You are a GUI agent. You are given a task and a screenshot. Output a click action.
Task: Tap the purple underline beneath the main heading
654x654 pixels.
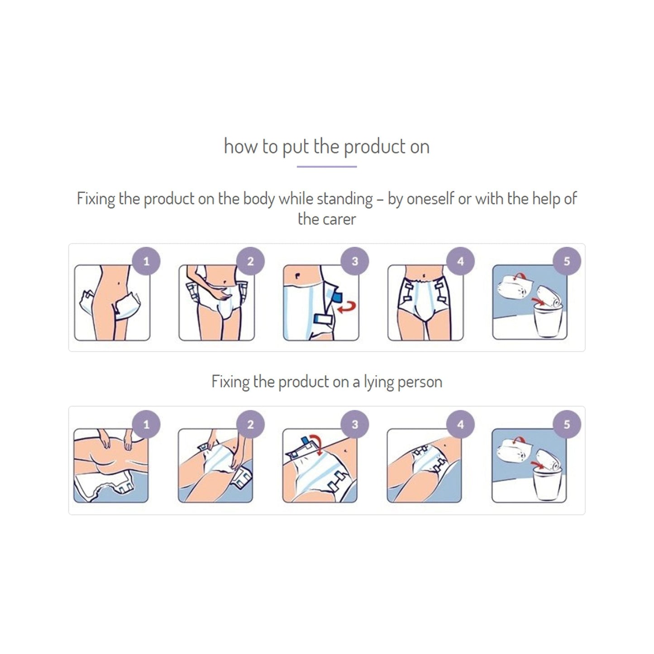tap(327, 167)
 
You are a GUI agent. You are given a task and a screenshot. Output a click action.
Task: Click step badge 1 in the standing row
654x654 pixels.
tap(146, 261)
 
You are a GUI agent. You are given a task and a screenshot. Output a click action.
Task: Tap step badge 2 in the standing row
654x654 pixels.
tap(250, 261)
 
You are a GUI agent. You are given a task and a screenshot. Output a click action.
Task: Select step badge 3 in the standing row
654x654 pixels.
tap(355, 261)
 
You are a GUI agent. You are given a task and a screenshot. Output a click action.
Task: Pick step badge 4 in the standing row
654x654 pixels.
tap(460, 261)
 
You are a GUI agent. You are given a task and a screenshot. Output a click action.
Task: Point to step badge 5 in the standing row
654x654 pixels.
tap(566, 261)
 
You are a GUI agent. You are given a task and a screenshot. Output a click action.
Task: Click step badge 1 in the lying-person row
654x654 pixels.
tap(146, 425)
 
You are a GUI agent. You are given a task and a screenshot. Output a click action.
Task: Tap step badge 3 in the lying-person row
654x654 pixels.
tap(355, 425)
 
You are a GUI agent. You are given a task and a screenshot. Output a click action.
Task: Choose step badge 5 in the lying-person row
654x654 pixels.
tap(566, 425)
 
